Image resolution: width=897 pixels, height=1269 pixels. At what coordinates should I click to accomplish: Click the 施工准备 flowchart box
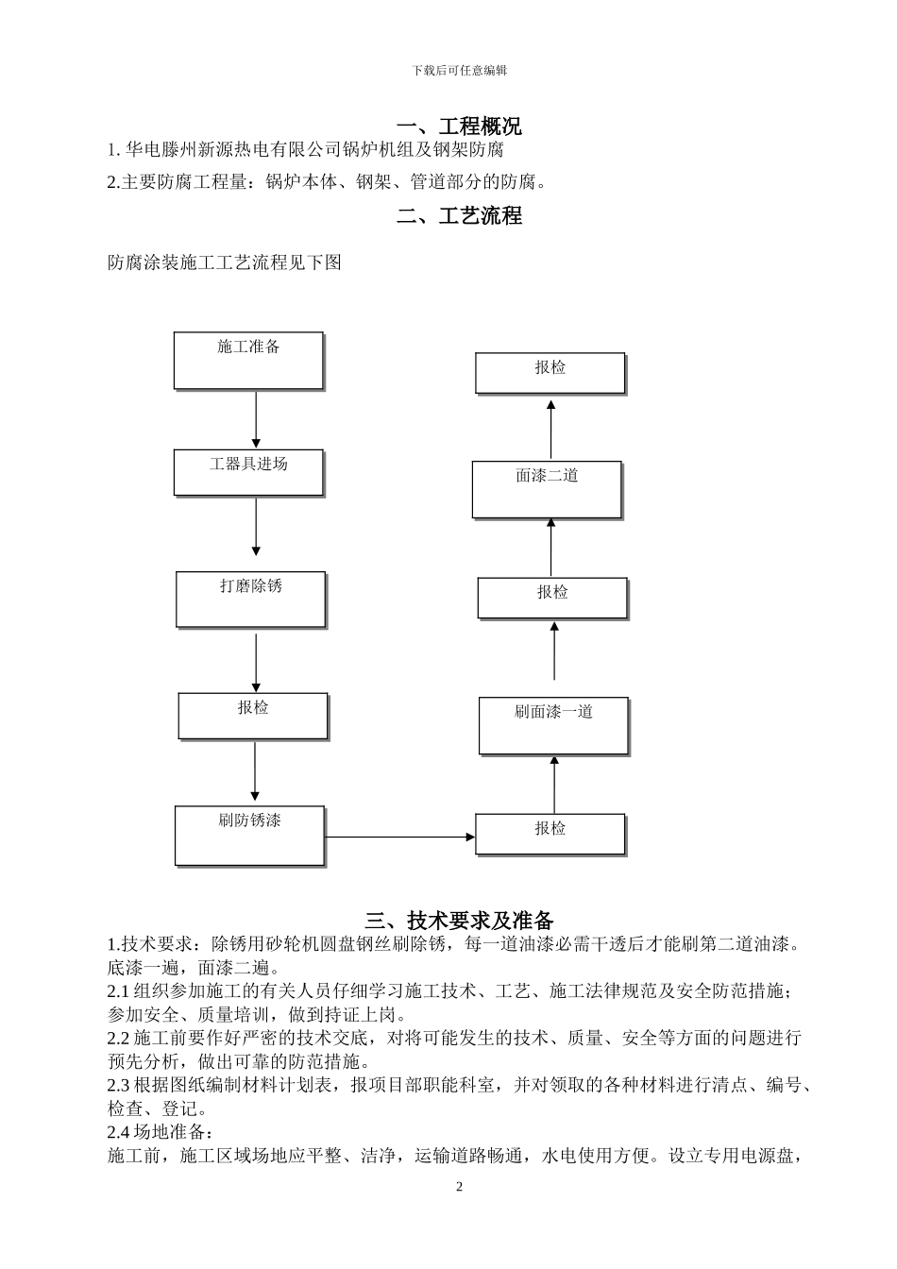coord(248,361)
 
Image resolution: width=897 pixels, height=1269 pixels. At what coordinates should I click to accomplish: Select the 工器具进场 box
coord(248,472)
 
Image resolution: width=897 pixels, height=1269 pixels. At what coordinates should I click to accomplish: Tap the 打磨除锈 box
coord(250,600)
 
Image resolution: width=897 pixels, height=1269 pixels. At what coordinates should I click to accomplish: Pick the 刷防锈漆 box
coord(249,836)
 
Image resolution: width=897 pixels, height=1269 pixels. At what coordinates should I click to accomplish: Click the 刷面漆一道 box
coord(553,726)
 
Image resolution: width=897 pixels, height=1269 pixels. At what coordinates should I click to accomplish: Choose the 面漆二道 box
coord(547,489)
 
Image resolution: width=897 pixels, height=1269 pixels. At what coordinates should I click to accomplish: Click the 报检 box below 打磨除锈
coord(253,717)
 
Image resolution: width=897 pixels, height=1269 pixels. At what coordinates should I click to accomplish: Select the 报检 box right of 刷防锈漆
coord(550,834)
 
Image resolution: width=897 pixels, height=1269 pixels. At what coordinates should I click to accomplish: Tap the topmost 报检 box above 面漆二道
coord(550,373)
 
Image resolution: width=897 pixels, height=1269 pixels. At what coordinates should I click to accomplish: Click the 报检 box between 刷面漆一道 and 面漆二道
coord(552,598)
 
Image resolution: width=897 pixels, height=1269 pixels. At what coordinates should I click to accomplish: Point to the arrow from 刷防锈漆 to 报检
coord(399,837)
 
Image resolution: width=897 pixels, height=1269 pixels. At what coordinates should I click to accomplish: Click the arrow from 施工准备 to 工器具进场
coord(256,419)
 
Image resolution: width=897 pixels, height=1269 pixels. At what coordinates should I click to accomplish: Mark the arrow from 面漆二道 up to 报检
coord(551,429)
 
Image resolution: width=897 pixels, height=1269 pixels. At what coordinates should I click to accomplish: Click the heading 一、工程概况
coord(459,127)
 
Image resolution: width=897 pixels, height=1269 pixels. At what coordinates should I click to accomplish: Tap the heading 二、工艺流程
coord(459,216)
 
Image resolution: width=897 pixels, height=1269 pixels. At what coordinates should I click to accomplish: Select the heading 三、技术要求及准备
coord(459,920)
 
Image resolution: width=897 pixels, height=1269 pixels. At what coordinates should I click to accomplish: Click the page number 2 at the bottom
coord(460,1187)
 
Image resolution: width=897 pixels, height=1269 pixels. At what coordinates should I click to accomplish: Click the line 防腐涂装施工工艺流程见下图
coord(225,262)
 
